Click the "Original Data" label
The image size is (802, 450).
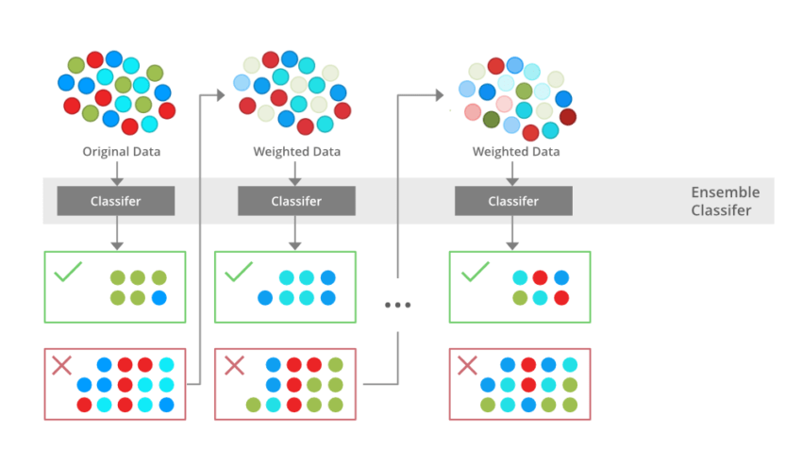pyautogui.click(x=121, y=152)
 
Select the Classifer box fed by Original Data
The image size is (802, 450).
pyautogui.click(x=116, y=201)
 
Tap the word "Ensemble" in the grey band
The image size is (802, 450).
pyautogui.click(x=725, y=192)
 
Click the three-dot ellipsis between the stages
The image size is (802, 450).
pyautogui.click(x=397, y=305)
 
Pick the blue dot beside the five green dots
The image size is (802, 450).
pyautogui.click(x=159, y=298)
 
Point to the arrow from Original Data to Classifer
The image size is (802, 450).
pyautogui.click(x=116, y=172)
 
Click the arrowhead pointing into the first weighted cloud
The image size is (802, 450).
pyautogui.click(x=221, y=94)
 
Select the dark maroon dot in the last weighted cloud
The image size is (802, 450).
pyautogui.click(x=568, y=117)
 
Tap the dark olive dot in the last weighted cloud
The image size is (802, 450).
pyautogui.click(x=491, y=120)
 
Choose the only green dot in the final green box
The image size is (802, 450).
pyautogui.click(x=520, y=298)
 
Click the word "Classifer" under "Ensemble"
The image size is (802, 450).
pyautogui.click(x=722, y=210)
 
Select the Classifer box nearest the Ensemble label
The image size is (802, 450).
pyautogui.click(x=513, y=201)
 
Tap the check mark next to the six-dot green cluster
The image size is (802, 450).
pyautogui.click(x=68, y=274)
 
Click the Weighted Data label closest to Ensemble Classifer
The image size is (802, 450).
pyautogui.click(x=516, y=152)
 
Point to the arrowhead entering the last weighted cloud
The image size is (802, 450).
pyautogui.click(x=439, y=94)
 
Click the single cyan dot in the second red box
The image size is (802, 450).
pyautogui.click(x=273, y=405)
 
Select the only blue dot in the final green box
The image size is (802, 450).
pyautogui.click(x=561, y=278)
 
